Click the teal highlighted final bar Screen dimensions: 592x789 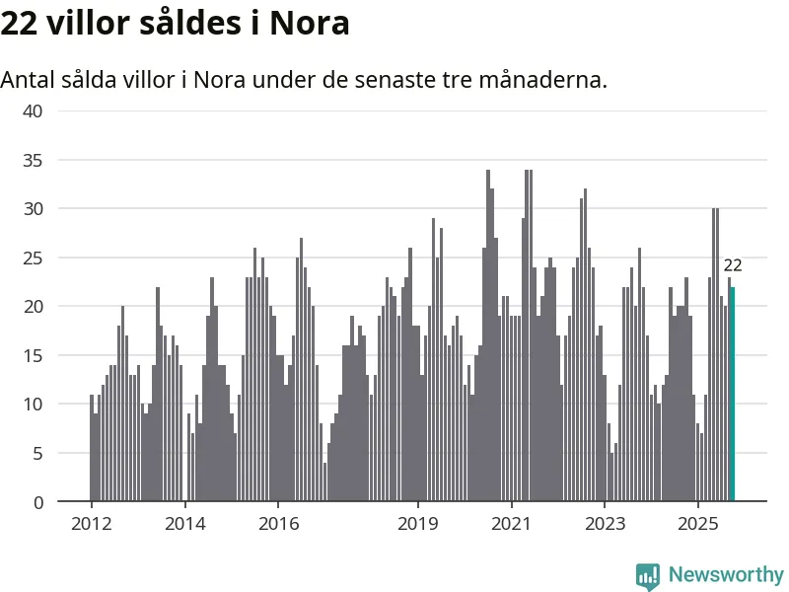[x=732, y=395]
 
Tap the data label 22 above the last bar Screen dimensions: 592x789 [x=733, y=265]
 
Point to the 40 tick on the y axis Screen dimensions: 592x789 [x=34, y=111]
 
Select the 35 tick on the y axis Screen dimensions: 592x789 [x=34, y=160]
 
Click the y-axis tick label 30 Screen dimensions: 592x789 [x=34, y=208]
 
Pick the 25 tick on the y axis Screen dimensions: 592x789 [x=34, y=258]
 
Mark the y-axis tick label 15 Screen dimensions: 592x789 [x=34, y=355]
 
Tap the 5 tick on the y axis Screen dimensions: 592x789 [x=37, y=453]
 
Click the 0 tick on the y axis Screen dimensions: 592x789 [x=37, y=502]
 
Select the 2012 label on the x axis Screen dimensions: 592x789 [x=91, y=523]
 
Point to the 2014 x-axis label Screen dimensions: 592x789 [x=184, y=523]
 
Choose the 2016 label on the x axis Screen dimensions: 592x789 [x=278, y=523]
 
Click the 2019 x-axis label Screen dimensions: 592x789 [x=419, y=523]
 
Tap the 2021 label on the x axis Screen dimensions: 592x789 [x=513, y=523]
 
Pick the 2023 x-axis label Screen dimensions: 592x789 [x=607, y=523]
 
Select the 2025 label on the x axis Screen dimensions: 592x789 [x=698, y=523]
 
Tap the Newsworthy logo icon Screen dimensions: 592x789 [x=648, y=574]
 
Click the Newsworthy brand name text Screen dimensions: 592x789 [x=726, y=574]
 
